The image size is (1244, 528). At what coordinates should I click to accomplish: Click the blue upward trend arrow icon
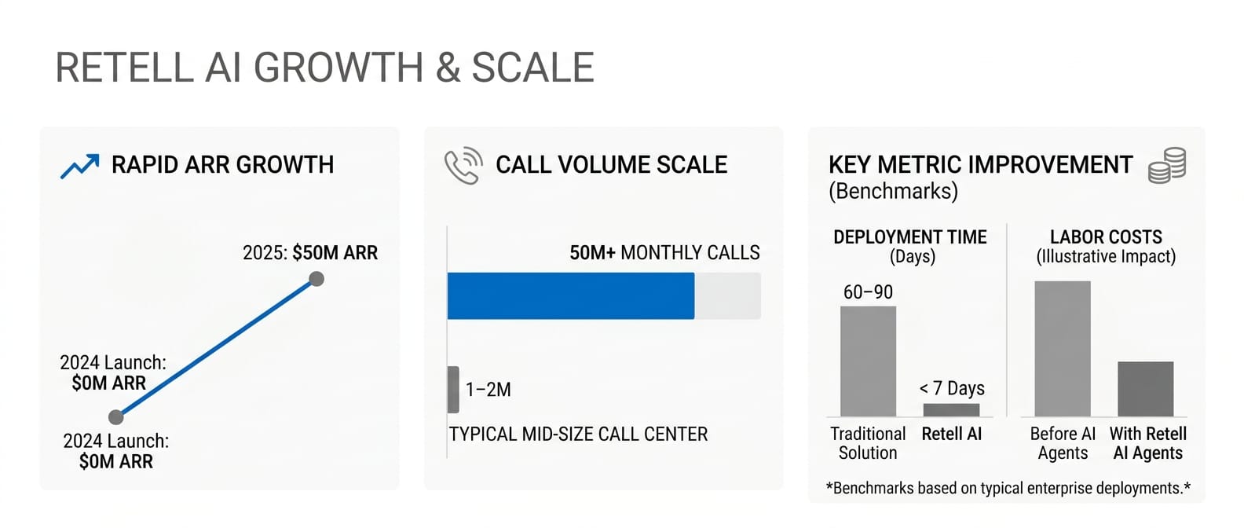79,167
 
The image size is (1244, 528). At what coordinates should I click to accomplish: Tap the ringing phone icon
463,165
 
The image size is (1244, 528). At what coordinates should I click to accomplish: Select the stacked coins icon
1167,165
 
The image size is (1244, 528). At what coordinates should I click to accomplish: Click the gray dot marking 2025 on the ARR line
316,279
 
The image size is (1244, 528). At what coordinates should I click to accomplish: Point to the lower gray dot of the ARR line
116,417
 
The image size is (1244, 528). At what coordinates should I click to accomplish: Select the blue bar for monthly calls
571,295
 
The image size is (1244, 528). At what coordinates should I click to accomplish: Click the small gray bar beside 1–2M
453,390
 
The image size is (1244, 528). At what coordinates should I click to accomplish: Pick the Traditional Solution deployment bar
868,361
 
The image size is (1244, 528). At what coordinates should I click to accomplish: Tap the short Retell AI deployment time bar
951,410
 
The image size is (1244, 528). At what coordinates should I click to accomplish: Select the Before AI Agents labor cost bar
1063,349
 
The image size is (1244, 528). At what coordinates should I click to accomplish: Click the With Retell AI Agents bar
1146,389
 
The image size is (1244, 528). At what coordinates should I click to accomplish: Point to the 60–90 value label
868,291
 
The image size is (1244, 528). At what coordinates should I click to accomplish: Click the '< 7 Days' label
952,388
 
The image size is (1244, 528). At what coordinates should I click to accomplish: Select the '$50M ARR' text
335,253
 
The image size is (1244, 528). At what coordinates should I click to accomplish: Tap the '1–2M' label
488,390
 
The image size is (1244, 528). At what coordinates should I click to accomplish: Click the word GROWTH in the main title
338,68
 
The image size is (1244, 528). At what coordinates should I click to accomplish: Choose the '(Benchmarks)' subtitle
894,191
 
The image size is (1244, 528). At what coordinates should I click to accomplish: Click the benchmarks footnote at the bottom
1008,488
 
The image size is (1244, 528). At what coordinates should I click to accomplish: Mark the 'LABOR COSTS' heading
1106,237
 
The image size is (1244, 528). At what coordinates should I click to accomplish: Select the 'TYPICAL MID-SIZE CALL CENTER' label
578,434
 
